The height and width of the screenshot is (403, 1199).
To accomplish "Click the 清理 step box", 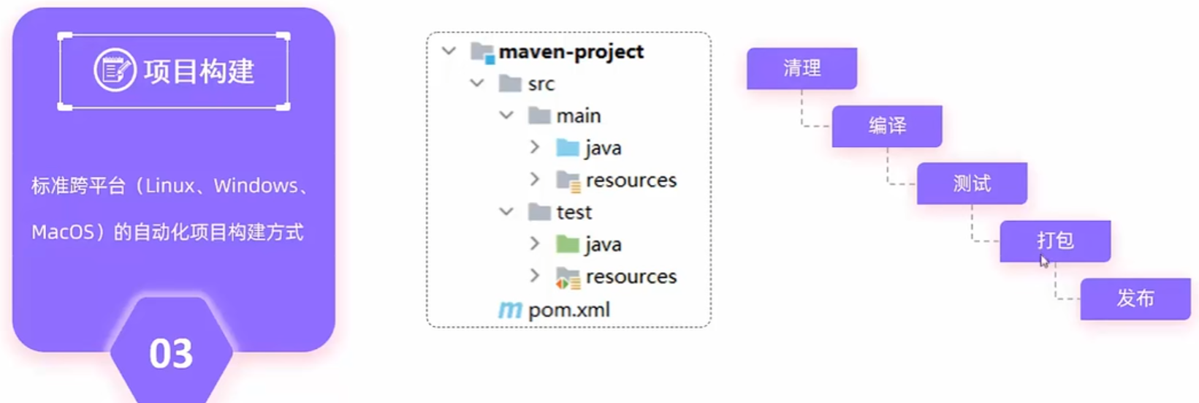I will (802, 68).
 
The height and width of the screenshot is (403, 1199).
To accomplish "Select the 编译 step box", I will (886, 126).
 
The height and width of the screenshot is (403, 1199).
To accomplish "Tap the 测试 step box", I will (972, 184).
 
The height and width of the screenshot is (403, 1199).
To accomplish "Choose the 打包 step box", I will (1055, 241).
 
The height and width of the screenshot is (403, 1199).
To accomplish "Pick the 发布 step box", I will (1135, 298).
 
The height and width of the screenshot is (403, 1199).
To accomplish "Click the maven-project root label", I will (571, 52).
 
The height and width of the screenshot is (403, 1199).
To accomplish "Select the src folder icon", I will (509, 83).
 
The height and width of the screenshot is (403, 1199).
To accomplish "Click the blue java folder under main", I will (568, 148).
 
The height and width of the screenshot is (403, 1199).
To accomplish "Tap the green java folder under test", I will (568, 244).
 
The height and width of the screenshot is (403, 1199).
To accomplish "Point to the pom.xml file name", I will (569, 310).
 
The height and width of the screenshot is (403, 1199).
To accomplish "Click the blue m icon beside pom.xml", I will (510, 310).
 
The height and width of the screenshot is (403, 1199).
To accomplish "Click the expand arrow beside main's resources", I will (535, 179).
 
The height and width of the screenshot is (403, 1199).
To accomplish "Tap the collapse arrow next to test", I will (506, 211).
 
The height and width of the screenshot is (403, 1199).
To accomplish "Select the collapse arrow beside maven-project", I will (449, 51).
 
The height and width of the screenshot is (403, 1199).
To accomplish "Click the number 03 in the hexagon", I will (171, 354).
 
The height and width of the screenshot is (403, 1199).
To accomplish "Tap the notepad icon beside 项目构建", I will (115, 70).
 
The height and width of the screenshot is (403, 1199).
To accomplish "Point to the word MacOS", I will (64, 233).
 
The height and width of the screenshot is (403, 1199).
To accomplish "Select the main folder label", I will (579, 116).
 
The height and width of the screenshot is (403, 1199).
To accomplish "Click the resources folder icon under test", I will (568, 277).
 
